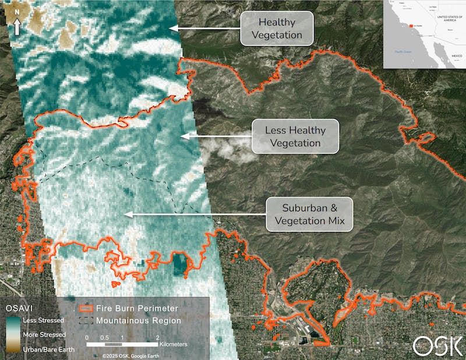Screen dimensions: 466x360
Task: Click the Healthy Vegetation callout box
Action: [277, 29]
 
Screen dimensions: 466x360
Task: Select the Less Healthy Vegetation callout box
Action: [295, 136]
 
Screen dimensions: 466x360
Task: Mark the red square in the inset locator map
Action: [411, 26]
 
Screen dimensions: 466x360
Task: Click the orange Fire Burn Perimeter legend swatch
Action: [85, 308]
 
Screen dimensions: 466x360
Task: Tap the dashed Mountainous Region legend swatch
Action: [85, 320]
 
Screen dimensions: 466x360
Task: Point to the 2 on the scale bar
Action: [157, 338]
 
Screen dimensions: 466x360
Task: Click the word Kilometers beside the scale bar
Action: [173, 344]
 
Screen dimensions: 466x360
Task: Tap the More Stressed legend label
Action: [43, 335]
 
